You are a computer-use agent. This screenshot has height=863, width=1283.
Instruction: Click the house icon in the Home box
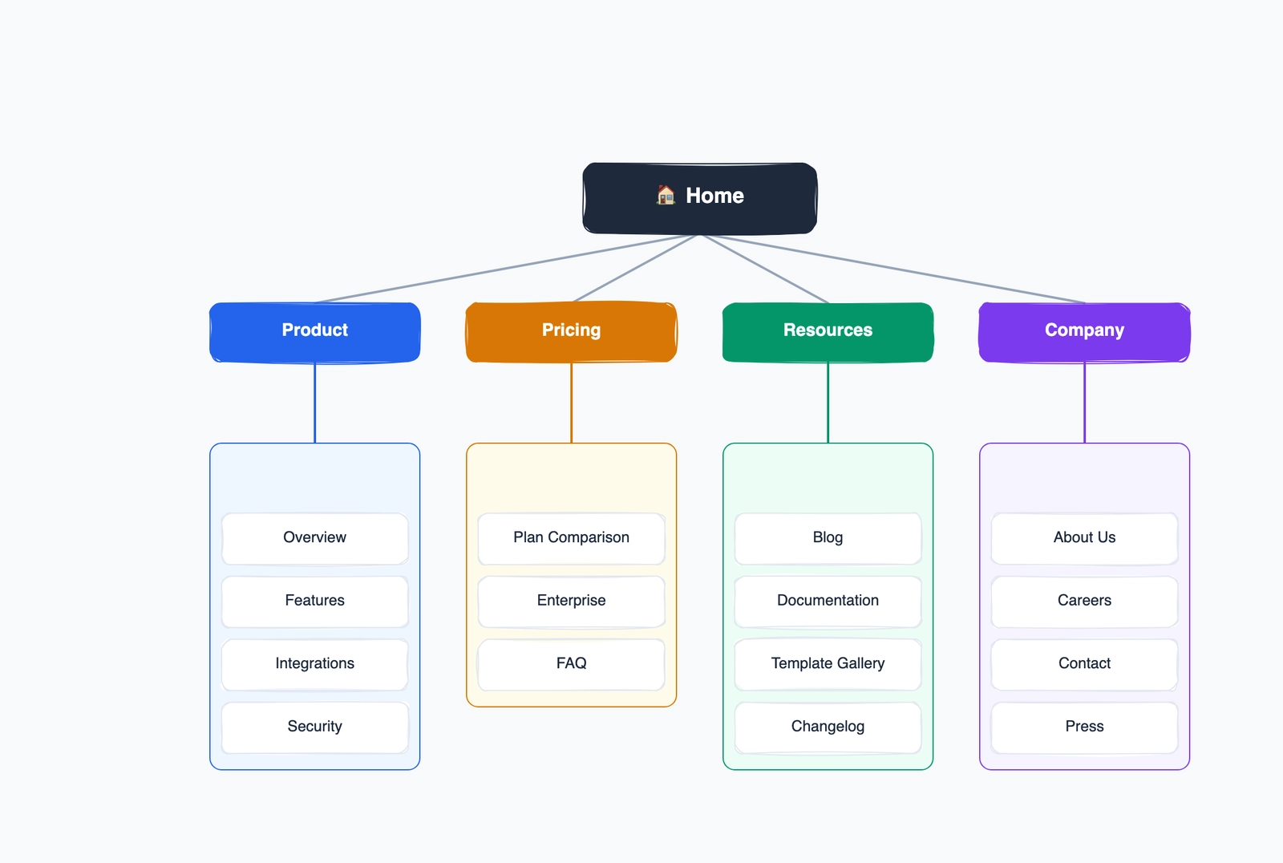[666, 195]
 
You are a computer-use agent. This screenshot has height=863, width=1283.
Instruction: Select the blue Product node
[314, 331]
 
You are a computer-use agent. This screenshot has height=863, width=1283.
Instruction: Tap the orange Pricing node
[571, 331]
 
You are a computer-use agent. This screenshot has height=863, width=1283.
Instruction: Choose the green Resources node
[828, 331]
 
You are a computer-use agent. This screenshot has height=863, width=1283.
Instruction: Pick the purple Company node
[1084, 331]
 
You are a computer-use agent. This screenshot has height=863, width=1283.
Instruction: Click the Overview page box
[314, 538]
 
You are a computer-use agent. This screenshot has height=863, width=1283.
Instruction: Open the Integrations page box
[314, 664]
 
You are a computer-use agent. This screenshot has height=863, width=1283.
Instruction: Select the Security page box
[314, 727]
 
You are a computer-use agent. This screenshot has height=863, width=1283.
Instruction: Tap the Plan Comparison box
[571, 538]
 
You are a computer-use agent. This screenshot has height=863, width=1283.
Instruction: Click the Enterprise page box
[571, 601]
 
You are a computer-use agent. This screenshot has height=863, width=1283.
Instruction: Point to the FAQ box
[571, 664]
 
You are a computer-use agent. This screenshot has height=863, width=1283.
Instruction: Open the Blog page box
[828, 538]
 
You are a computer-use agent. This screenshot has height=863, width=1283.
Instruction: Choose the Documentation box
[828, 601]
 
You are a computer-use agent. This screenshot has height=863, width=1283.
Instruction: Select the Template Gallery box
[828, 664]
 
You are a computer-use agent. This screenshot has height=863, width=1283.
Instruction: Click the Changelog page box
[828, 727]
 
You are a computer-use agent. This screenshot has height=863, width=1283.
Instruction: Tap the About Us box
[1084, 538]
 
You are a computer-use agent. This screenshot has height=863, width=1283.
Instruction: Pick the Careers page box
[1084, 601]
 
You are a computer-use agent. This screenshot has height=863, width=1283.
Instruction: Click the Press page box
[1084, 727]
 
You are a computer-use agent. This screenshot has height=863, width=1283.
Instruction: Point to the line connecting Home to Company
[892, 269]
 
